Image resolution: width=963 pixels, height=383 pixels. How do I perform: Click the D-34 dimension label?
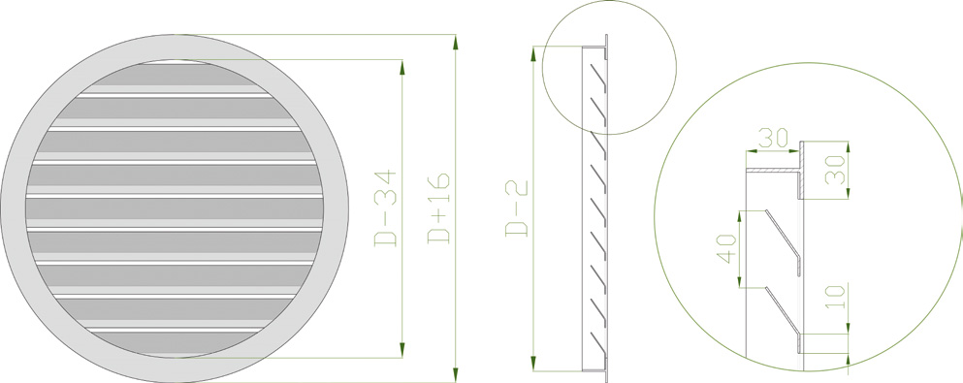pos(386,208)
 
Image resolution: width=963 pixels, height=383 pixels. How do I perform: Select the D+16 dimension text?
pos(439,208)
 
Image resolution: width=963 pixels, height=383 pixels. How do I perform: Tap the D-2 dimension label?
pos(517,208)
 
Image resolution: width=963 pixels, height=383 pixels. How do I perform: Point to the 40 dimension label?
pos(727,249)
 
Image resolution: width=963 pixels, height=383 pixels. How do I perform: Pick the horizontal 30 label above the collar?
pos(773,138)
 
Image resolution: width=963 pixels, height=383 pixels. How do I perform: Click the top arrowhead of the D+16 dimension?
pos(455,43)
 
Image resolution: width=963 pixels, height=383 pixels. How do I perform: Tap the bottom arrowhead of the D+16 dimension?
pos(455,374)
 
